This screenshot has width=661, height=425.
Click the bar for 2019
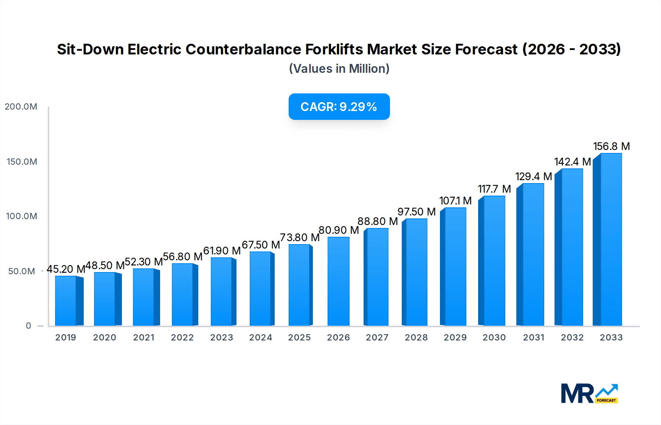(x=66, y=301)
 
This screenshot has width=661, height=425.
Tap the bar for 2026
(x=338, y=281)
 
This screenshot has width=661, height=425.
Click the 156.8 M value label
(x=611, y=146)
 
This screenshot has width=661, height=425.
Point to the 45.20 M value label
(x=66, y=269)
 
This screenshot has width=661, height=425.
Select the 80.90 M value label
(x=339, y=230)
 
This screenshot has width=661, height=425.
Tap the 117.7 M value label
(x=494, y=189)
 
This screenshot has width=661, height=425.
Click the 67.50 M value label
(x=261, y=245)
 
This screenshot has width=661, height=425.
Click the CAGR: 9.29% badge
(x=339, y=107)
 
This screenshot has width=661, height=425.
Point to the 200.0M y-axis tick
(x=21, y=107)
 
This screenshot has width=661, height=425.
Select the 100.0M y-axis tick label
(x=21, y=216)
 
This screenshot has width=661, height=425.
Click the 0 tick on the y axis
(x=28, y=326)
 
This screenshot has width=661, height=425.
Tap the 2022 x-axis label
(x=182, y=337)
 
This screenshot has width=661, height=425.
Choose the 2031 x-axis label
(x=533, y=337)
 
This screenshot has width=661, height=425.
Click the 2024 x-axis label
(x=260, y=337)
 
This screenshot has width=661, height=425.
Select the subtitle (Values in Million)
(x=339, y=69)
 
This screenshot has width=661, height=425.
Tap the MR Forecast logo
(x=589, y=393)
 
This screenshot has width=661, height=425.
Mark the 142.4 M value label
(x=572, y=162)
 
